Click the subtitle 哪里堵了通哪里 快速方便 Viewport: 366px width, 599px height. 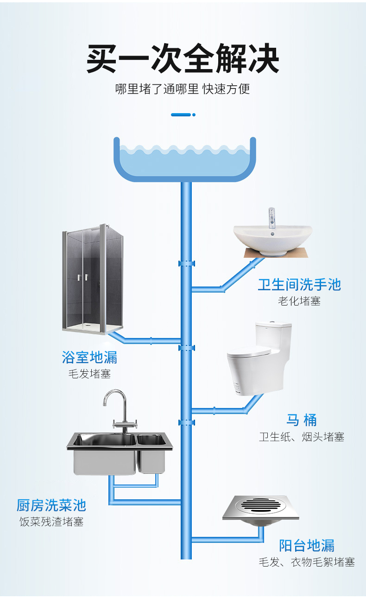tap(183, 89)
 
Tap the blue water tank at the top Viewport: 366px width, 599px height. tap(185, 160)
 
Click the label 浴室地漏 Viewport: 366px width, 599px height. tap(89, 357)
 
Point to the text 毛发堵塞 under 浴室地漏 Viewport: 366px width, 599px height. tap(89, 374)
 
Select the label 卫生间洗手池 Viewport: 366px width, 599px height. tap(299, 285)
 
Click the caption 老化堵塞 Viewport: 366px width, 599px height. tap(299, 301)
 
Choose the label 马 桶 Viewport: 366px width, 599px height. tap(302, 420)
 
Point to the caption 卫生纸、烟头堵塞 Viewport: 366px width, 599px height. tap(302, 437)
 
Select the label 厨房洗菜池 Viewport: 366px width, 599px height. tap(51, 505)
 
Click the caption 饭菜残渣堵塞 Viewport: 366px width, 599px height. tap(51, 522)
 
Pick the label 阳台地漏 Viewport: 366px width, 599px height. tap(307, 545)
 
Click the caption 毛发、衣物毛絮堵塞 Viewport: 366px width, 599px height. tap(307, 562)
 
